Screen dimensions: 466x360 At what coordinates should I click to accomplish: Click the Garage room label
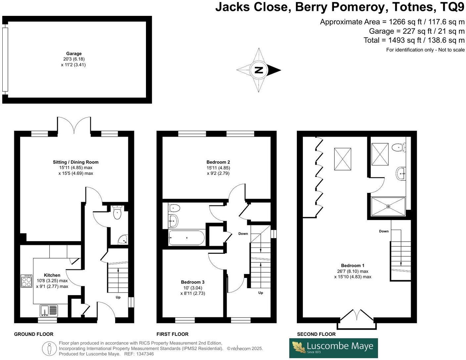(x=74, y=54)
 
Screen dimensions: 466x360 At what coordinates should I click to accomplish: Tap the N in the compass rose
(x=258, y=70)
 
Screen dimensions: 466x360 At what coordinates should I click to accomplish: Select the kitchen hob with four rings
(x=26, y=281)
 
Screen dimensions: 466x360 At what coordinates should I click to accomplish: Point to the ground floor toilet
(x=117, y=212)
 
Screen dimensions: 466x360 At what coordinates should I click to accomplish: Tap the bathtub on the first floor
(x=187, y=238)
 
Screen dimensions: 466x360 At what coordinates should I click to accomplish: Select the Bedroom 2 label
(x=218, y=162)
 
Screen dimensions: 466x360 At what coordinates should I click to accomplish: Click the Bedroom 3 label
(x=193, y=282)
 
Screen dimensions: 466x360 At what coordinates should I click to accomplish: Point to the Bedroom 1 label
(x=352, y=265)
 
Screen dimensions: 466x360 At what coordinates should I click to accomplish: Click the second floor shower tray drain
(x=388, y=206)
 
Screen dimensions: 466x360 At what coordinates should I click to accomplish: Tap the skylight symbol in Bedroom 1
(x=343, y=159)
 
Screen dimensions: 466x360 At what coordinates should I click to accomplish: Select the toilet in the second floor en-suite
(x=398, y=147)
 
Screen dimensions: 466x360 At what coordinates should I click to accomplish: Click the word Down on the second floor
(x=384, y=231)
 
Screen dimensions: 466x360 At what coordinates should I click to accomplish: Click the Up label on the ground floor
(x=118, y=297)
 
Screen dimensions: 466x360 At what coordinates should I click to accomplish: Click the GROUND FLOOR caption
(x=34, y=334)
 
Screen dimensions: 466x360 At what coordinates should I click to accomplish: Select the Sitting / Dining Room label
(x=76, y=162)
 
